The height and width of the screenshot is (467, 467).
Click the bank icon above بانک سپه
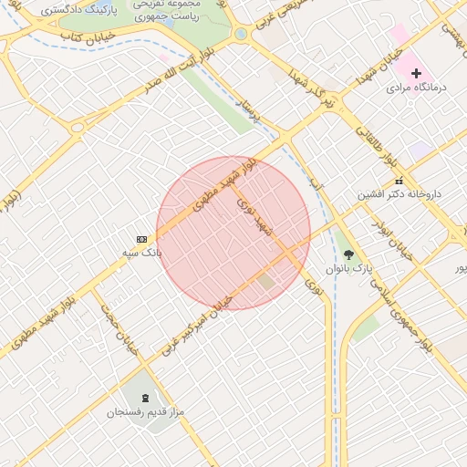click(141, 239)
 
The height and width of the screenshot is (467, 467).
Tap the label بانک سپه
click(141, 252)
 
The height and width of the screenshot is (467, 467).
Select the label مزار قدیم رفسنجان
click(146, 413)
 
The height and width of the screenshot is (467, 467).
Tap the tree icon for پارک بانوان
click(348, 255)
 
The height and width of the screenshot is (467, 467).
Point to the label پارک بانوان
click(349, 269)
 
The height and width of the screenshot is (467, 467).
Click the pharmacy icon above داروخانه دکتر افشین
click(399, 181)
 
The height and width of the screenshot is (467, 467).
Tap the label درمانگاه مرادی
click(414, 88)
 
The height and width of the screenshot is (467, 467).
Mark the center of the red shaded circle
click(233, 233)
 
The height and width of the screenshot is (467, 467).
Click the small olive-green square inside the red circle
click(265, 282)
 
